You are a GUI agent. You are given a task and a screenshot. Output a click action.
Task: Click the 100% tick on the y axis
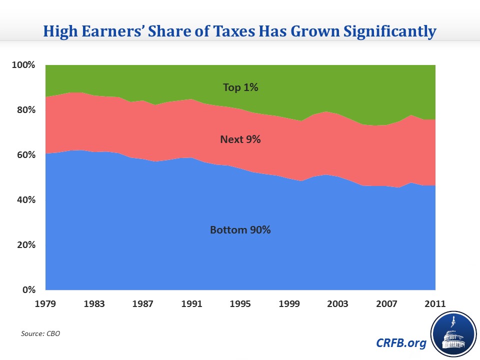24,65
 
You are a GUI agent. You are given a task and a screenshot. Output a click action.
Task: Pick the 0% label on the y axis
28,290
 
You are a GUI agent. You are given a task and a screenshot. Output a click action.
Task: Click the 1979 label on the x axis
45,304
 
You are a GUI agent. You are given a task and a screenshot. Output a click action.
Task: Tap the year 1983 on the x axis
94,304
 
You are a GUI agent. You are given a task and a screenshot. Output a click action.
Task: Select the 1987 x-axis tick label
143,304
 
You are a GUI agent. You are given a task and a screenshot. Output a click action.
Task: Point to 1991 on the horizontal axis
192,304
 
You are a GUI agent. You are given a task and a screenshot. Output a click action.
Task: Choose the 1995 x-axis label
240,304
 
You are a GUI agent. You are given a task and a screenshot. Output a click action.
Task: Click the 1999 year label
289,304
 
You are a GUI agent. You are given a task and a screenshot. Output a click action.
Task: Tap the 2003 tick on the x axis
338,304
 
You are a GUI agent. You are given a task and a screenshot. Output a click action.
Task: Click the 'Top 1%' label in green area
240,87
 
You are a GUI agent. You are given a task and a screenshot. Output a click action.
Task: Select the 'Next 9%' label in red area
240,139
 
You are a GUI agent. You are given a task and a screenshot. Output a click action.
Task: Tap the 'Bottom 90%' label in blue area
240,230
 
